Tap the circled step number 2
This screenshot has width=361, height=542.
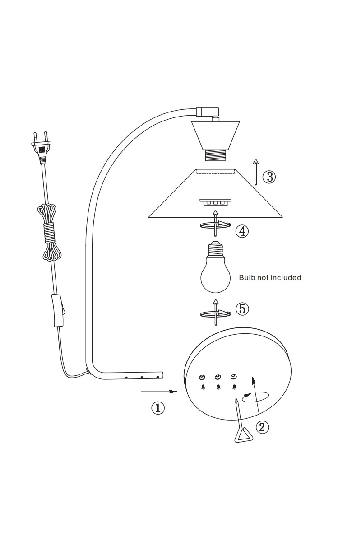(x=263, y=427)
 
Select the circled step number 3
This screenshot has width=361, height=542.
(x=269, y=177)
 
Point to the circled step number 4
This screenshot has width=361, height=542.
(x=242, y=231)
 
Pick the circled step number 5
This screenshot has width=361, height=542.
(x=242, y=309)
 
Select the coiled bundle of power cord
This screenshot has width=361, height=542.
(x=49, y=233)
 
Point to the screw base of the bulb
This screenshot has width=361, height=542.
(x=215, y=249)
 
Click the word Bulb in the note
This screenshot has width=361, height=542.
(x=246, y=277)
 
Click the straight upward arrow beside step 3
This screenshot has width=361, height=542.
(x=255, y=172)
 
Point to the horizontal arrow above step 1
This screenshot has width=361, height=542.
(x=159, y=392)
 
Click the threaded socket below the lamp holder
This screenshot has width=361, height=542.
(x=215, y=155)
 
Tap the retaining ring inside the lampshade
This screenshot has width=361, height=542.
(x=215, y=201)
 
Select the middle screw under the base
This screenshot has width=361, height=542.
(x=218, y=388)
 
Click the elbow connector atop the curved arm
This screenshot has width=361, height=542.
(x=207, y=112)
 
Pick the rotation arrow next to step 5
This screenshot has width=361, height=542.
(x=215, y=313)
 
